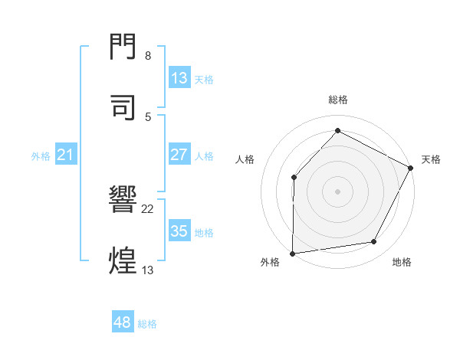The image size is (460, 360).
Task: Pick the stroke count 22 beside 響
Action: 149,208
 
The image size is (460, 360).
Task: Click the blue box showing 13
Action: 179,78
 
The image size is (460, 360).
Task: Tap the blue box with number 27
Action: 179,155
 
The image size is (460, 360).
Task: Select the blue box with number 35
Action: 179,231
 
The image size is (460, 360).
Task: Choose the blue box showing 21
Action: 66,155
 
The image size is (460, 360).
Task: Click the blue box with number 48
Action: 123,323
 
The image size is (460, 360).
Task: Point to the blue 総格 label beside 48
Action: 147,324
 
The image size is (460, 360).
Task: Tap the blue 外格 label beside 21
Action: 41,156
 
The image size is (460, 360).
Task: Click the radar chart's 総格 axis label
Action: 337,100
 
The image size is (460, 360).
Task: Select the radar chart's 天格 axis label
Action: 431,159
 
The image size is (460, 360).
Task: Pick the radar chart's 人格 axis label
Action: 245,159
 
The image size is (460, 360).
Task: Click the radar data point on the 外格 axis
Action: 292,254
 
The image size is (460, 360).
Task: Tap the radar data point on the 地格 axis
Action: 374,242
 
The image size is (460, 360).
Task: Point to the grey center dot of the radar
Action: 337,191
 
